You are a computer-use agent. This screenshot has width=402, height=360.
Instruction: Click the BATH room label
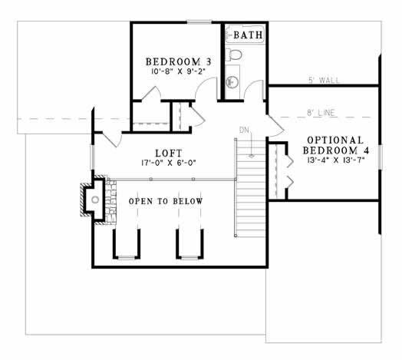(248, 35)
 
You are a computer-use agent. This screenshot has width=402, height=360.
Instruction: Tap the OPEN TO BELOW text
(166, 201)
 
